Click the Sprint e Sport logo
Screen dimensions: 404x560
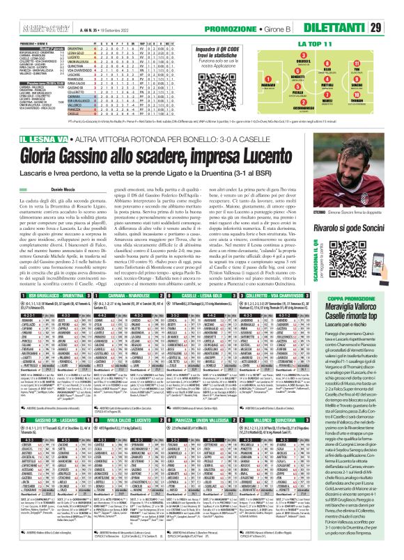click(x=24, y=8)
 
